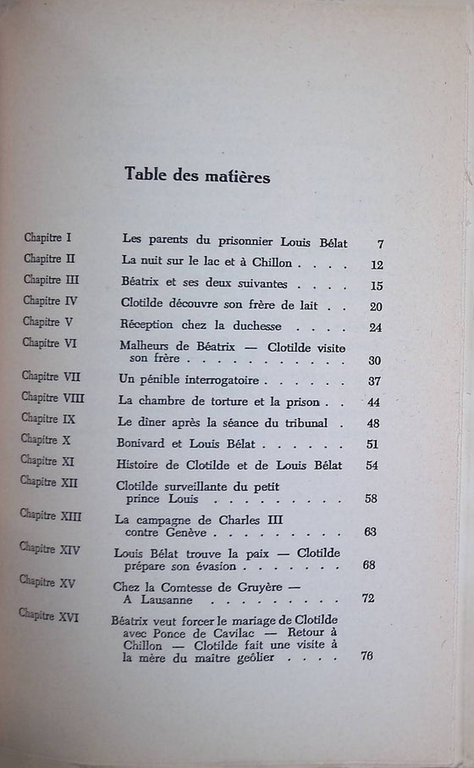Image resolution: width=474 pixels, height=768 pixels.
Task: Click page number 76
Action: point(366,655)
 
